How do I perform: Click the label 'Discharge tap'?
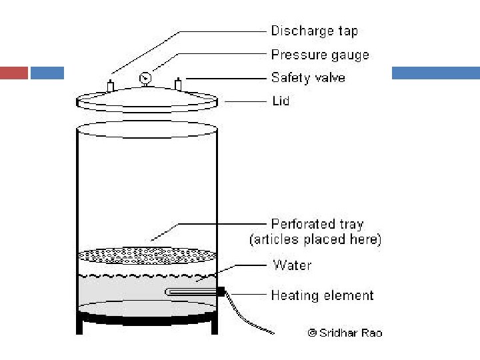click(313, 31)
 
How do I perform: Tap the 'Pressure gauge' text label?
click(320, 54)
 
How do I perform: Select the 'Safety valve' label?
click(308, 77)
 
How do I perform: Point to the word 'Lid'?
click(281, 101)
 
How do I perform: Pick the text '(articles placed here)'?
click(315, 239)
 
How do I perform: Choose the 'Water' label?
click(292, 265)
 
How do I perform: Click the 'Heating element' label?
click(322, 295)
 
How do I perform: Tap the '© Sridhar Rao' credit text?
click(345, 332)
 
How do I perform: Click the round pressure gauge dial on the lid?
click(145, 79)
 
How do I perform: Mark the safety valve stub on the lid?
click(178, 85)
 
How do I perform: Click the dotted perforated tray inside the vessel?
click(147, 255)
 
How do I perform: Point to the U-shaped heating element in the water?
click(190, 291)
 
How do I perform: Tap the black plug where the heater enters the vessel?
click(221, 291)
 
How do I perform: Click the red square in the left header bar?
click(14, 73)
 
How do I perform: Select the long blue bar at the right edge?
click(435, 73)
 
